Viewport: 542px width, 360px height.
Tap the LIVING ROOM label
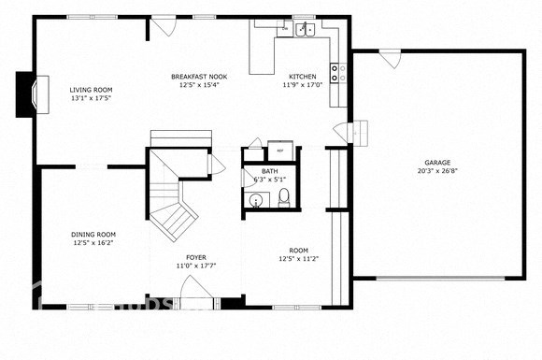[91, 90]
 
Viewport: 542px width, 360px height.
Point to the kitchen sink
[304, 31]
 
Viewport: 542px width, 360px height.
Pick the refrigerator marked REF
[280, 150]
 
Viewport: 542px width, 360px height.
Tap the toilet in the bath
[284, 197]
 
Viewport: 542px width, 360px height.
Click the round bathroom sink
[255, 199]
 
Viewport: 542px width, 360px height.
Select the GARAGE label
[437, 163]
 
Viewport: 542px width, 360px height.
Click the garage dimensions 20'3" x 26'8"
[437, 171]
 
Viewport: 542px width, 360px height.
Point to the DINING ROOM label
[93, 235]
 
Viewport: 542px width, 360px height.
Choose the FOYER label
[196, 257]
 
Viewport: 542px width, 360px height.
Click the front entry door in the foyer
[197, 297]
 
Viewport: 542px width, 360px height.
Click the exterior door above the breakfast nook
[164, 26]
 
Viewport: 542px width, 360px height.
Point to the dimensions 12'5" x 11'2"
[299, 259]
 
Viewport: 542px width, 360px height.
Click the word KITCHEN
[303, 77]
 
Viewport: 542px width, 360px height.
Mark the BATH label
[269, 171]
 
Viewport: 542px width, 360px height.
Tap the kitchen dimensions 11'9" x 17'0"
[303, 85]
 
